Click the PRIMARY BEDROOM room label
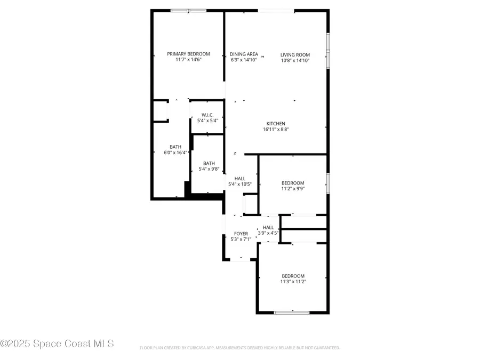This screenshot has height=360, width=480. pos(188,54)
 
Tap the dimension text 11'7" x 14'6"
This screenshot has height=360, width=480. pos(188,60)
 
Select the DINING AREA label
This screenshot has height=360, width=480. pos(244,54)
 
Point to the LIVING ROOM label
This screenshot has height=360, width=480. pos(295,54)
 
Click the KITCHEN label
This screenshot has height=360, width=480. pos(276,123)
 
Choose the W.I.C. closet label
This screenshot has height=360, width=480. pos(207,115)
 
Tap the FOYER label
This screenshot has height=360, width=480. pos(241,234)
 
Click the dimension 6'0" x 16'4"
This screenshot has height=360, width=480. pos(175,153)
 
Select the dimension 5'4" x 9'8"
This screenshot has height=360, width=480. pos(209,169)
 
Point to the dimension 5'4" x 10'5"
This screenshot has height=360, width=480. pos(239,185)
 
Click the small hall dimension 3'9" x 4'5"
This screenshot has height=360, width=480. pos(268,233)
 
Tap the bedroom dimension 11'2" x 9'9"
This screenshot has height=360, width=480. pos(293,188)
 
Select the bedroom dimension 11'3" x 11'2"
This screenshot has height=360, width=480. pos(293,282)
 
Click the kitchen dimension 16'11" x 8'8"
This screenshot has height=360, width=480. pos(276,129)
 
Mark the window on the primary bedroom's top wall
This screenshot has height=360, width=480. pos(188,10)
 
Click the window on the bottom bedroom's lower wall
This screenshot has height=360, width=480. pos(292,312)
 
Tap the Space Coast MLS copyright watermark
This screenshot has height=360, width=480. pos(57,344)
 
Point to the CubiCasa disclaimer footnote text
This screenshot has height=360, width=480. pos(239,348)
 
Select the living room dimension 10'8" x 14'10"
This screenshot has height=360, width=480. pos(295,60)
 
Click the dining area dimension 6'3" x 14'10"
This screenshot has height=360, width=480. pos(244,60)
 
